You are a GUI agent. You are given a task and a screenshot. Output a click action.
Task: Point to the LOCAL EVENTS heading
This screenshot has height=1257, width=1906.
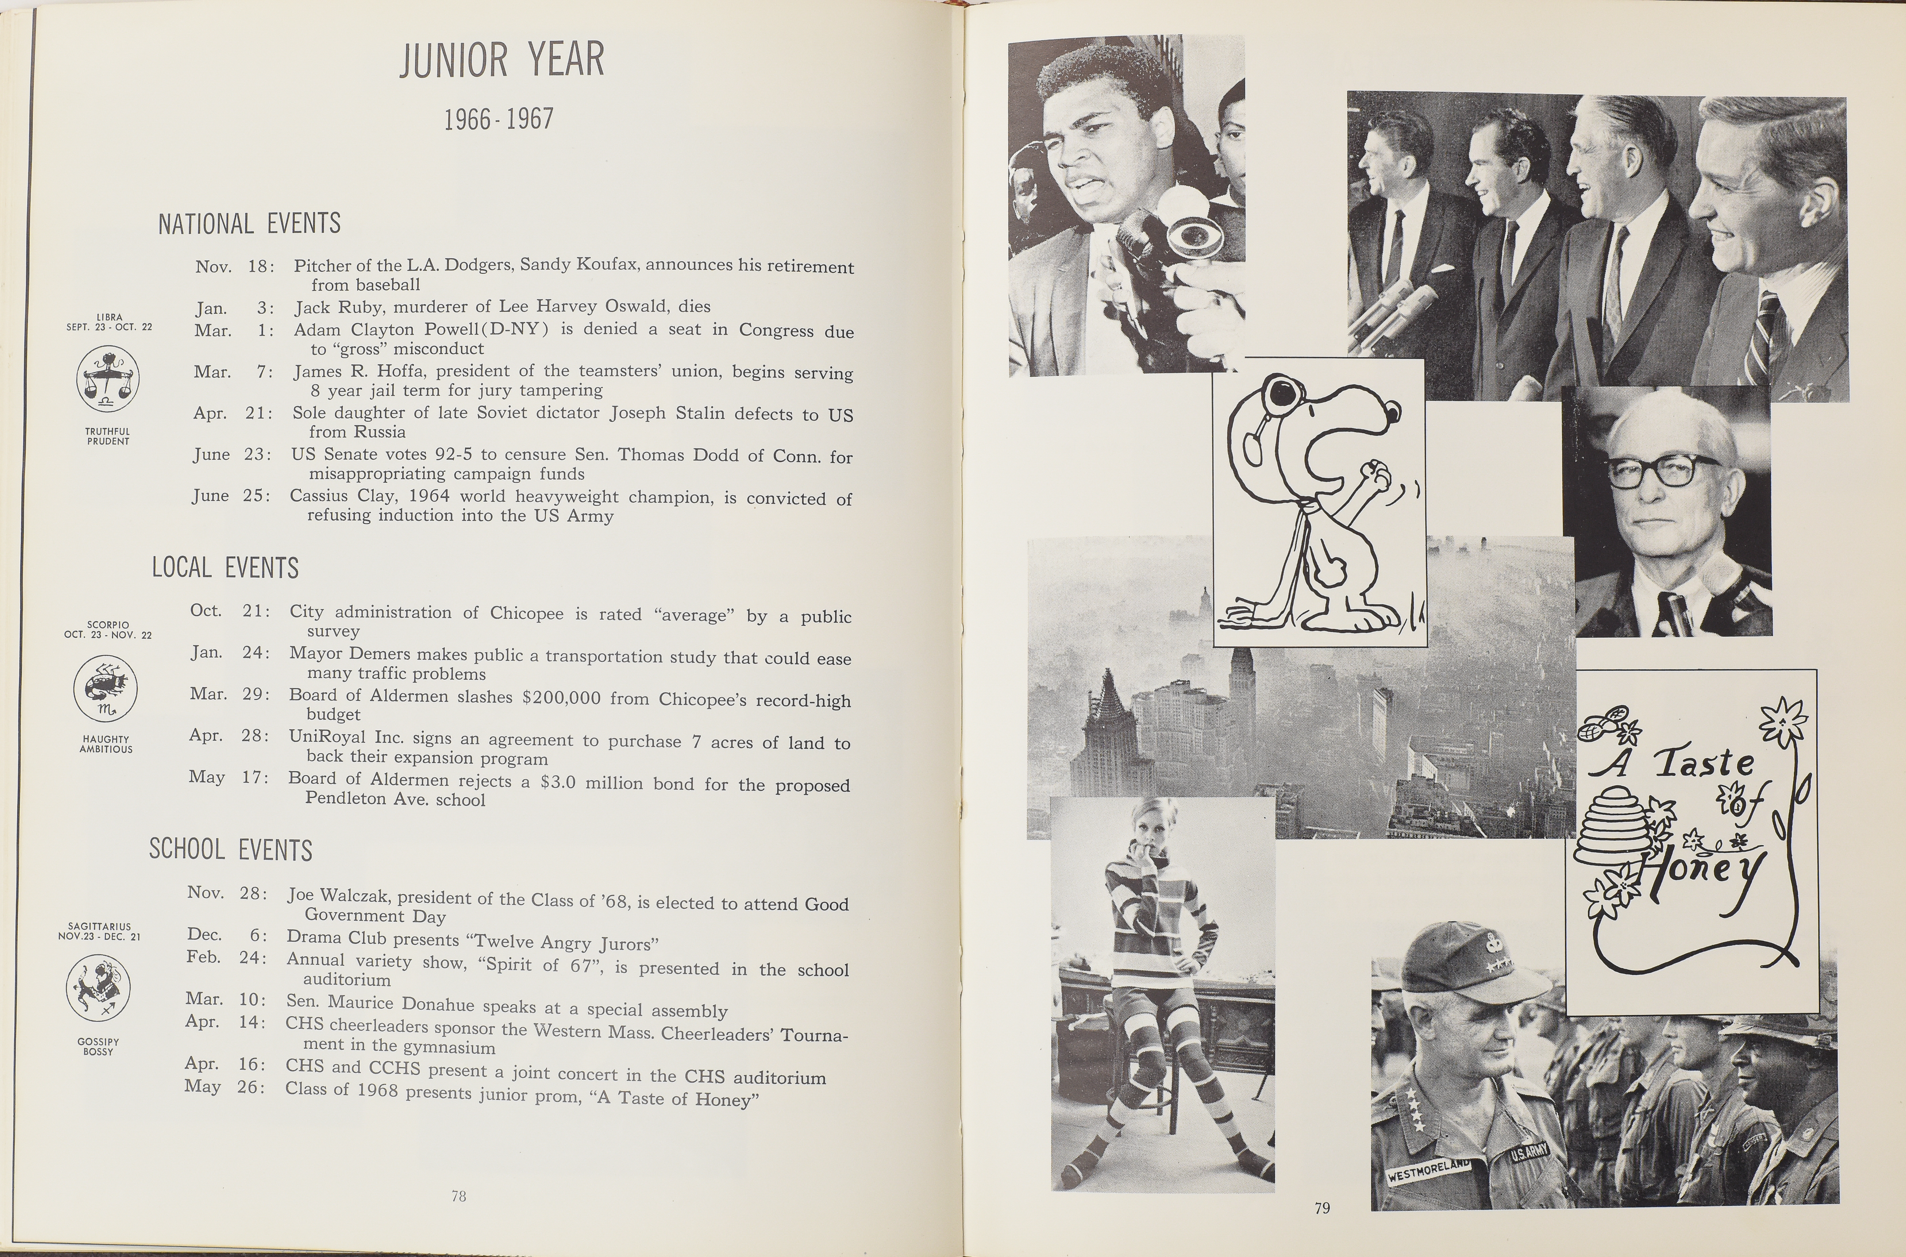pos(225,568)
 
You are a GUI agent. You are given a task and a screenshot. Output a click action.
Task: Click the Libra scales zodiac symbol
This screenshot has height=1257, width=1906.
pos(107,378)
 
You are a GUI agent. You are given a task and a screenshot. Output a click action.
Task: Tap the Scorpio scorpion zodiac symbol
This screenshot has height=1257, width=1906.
pos(105,687)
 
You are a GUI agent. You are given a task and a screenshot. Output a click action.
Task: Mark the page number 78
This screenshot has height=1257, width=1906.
pos(459,1196)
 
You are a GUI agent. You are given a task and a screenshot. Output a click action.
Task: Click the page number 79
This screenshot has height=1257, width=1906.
pos(1322,1207)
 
